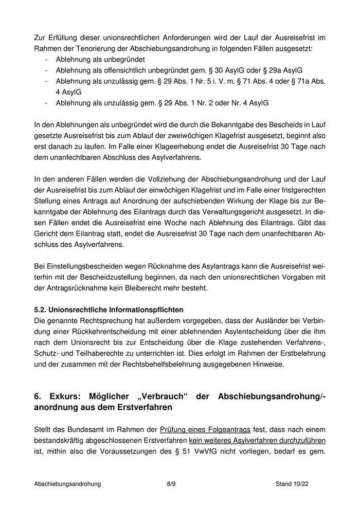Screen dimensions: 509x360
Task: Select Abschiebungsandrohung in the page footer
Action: (67, 484)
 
